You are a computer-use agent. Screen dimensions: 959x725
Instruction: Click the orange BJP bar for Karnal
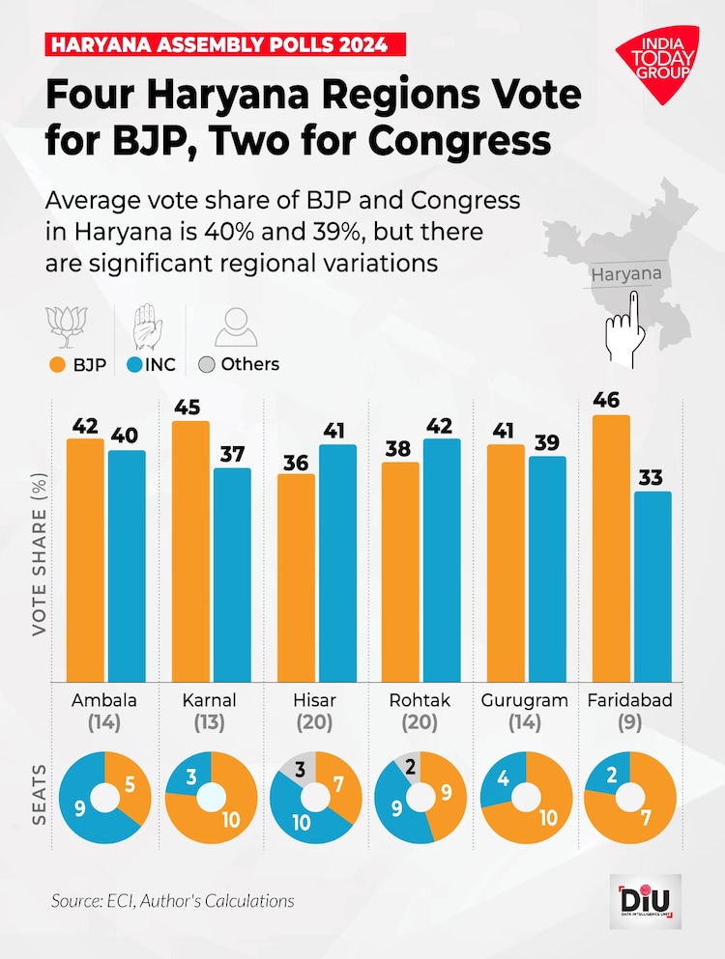[x=191, y=550]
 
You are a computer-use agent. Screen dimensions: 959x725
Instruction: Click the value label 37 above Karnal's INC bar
[x=233, y=452]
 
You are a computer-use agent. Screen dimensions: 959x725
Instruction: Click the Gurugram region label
[x=525, y=700]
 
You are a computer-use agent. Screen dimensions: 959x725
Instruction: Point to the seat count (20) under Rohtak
[x=420, y=721]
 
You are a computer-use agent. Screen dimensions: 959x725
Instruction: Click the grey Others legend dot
[x=205, y=365]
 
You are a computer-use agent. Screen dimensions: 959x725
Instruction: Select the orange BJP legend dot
[x=56, y=365]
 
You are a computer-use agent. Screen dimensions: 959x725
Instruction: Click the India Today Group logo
[x=653, y=67]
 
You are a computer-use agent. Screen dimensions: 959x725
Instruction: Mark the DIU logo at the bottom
[x=649, y=899]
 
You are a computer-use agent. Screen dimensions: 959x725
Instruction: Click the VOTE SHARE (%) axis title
[x=40, y=552]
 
